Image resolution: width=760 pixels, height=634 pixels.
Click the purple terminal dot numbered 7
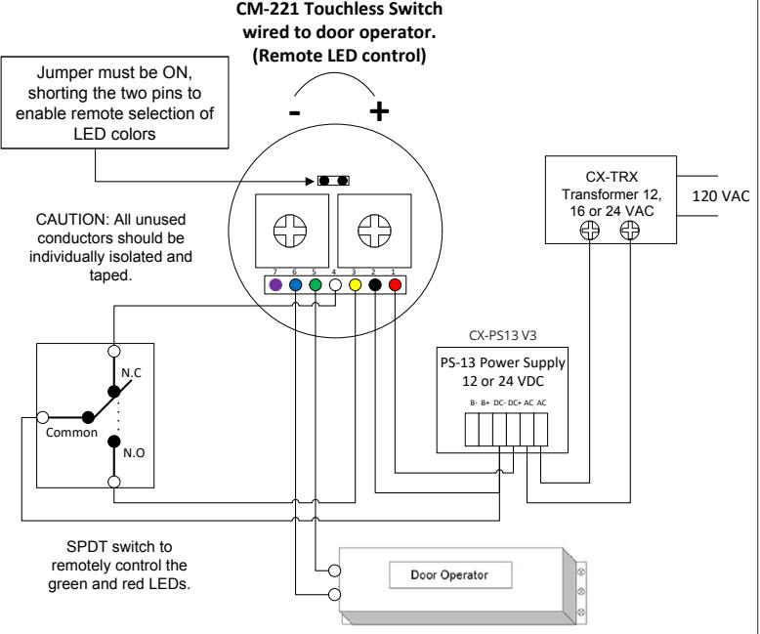[275, 285]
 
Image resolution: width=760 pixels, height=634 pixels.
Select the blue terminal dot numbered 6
[295, 285]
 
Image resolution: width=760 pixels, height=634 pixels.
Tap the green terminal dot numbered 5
[316, 285]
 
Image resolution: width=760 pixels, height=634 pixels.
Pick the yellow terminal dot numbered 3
[355, 285]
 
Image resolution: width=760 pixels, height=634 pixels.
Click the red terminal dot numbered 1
[395, 285]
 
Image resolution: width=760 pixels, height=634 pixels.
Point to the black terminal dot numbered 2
[375, 285]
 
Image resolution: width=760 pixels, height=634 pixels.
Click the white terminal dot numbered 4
[335, 285]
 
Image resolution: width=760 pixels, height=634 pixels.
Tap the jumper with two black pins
[333, 181]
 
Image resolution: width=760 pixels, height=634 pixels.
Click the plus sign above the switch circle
[379, 111]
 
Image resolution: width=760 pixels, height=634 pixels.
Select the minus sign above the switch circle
[295, 113]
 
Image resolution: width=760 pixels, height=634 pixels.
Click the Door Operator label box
[450, 575]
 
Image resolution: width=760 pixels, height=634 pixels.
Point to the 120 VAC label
[721, 196]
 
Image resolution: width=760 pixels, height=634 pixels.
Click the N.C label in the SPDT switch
[131, 373]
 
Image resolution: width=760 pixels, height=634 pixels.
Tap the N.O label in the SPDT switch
[134, 452]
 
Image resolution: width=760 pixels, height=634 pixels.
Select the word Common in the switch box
[71, 433]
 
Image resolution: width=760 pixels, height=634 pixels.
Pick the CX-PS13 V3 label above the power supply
[503, 335]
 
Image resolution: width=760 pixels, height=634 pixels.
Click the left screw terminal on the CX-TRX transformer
[589, 231]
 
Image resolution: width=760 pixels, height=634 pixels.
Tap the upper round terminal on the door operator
[334, 571]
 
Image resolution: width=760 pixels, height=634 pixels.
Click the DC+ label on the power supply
[514, 402]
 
